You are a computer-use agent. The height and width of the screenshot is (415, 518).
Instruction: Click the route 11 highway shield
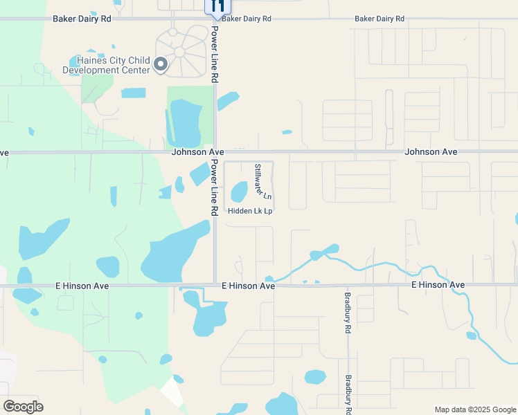pyautogui.click(x=217, y=8)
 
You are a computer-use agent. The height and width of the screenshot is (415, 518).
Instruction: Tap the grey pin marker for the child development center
pyautogui.click(x=161, y=65)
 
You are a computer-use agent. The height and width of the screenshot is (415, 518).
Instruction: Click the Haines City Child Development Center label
pyautogui.click(x=107, y=65)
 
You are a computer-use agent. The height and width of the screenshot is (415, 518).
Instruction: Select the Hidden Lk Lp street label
pyautogui.click(x=250, y=211)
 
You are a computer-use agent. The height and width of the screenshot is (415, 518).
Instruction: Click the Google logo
pyautogui.click(x=23, y=406)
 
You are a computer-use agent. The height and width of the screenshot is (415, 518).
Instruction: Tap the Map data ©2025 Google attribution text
pyautogui.click(x=474, y=409)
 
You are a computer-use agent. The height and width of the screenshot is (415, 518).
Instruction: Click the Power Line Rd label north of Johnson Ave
pyautogui.click(x=215, y=55)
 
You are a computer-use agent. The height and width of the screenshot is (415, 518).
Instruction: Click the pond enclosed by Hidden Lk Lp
pyautogui.click(x=239, y=190)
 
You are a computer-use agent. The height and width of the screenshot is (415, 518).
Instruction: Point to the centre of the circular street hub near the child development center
pyautogui.click(x=180, y=52)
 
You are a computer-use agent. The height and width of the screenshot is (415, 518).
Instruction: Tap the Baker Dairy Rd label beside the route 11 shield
pyautogui.click(x=247, y=19)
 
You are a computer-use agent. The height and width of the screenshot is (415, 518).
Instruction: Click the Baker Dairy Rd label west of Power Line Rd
pyautogui.click(x=82, y=19)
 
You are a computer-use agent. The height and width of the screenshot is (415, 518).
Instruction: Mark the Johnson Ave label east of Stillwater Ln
pyautogui.click(x=431, y=151)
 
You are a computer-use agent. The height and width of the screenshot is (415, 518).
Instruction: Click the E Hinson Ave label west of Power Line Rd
pyautogui.click(x=82, y=285)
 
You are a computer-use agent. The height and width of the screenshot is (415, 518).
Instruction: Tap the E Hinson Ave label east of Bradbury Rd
pyautogui.click(x=438, y=284)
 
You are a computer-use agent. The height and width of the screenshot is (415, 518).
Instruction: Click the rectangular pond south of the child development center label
pyautogui.click(x=134, y=93)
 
